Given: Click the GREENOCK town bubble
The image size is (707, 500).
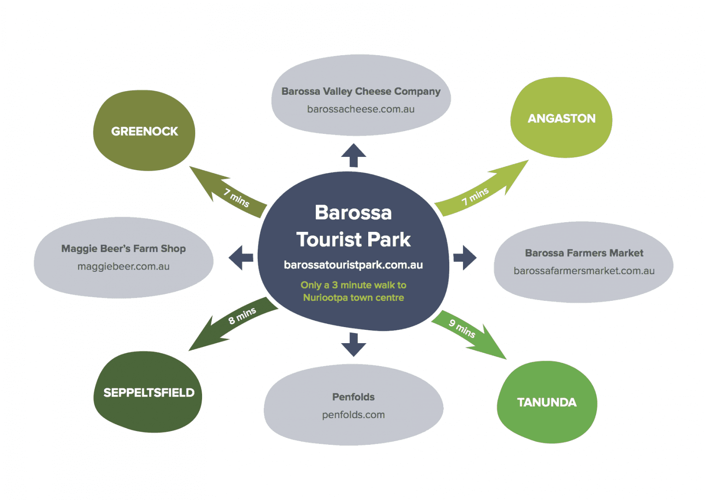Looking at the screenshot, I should (144, 131).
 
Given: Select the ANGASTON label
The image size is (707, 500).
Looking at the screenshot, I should (561, 118).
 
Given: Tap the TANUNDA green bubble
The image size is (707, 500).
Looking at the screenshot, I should (546, 402).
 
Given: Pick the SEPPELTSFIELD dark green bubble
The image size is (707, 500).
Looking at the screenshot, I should (148, 392).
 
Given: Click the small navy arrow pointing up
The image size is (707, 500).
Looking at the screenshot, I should (353, 155).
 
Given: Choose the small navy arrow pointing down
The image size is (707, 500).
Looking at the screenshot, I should (353, 345).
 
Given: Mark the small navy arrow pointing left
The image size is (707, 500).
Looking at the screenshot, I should (241, 258).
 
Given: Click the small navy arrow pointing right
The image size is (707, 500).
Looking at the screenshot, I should (465, 258).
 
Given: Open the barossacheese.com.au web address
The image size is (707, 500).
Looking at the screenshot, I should (360, 109).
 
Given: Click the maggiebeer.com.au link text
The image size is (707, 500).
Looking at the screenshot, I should (123, 266).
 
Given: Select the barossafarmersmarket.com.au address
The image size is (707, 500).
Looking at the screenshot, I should (584, 271).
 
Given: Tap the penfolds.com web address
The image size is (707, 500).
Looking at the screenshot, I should (353, 415).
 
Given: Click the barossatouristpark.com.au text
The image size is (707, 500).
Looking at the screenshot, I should (353, 265).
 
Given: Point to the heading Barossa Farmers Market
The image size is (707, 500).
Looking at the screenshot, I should (584, 253).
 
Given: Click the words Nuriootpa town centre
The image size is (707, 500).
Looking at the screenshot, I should (353, 298).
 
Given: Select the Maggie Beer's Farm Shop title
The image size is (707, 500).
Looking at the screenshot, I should (123, 248).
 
